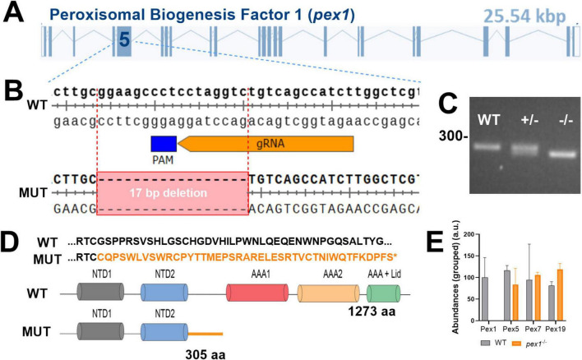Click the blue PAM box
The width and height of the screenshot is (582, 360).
164,143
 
